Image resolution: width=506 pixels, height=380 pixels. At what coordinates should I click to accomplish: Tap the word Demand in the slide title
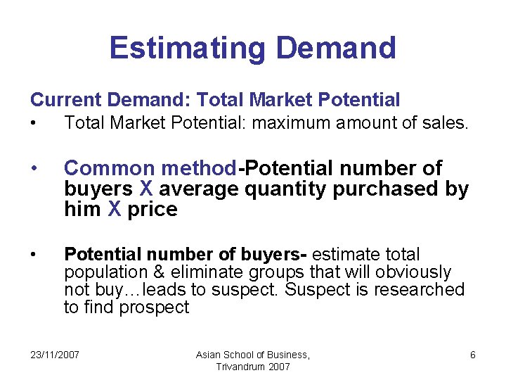[336, 48]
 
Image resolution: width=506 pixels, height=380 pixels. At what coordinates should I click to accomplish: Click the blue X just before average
[146, 189]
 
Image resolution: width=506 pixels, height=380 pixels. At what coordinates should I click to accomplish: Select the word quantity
[285, 189]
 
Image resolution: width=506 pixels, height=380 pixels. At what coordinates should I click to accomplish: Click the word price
[153, 210]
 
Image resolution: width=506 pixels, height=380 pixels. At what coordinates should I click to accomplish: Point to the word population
[102, 272]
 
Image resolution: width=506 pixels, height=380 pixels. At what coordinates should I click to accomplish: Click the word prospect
[154, 308]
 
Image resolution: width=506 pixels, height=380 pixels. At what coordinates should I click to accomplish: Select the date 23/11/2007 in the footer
[55, 355]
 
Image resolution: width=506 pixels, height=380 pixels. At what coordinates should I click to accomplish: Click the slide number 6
[473, 355]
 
